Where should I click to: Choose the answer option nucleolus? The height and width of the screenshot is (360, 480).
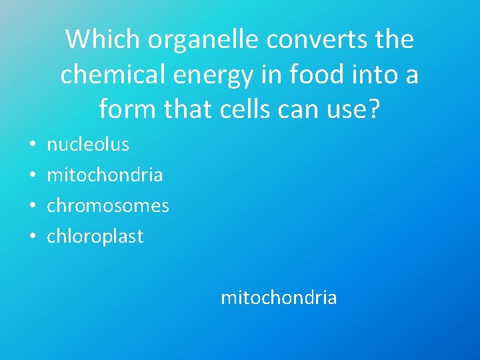pyautogui.click(x=87, y=144)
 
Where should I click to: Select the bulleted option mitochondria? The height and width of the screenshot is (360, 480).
pyautogui.click(x=105, y=175)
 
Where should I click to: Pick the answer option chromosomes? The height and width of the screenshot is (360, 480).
pyautogui.click(x=108, y=205)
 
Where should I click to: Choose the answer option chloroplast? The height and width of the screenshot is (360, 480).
pyautogui.click(x=95, y=237)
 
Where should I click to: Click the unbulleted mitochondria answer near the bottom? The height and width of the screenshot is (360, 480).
pyautogui.click(x=279, y=297)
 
